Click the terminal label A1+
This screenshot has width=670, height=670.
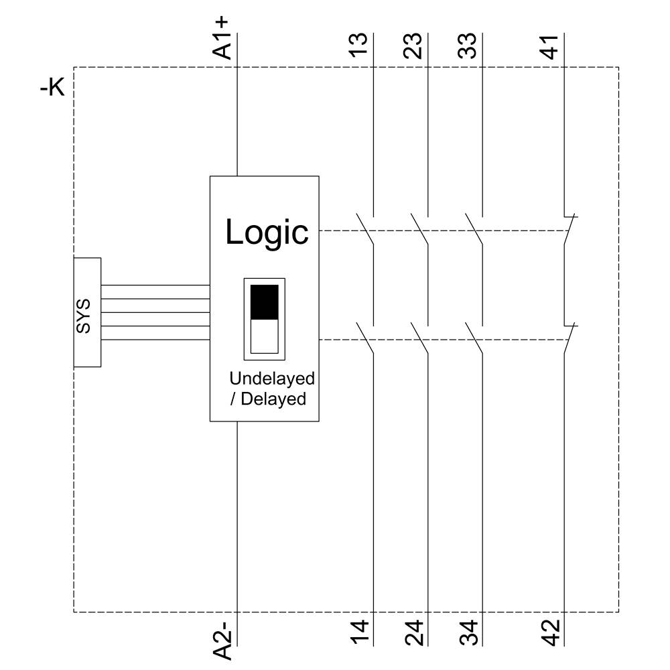(x=222, y=39)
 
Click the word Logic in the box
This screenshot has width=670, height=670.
(x=267, y=232)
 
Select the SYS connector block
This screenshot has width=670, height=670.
(x=87, y=312)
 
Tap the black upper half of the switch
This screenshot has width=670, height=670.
(x=264, y=301)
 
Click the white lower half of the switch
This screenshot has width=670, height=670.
(x=264, y=336)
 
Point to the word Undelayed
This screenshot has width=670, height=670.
(x=271, y=379)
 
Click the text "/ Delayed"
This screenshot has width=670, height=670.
(x=267, y=399)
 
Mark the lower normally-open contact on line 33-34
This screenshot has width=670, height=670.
(x=475, y=339)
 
